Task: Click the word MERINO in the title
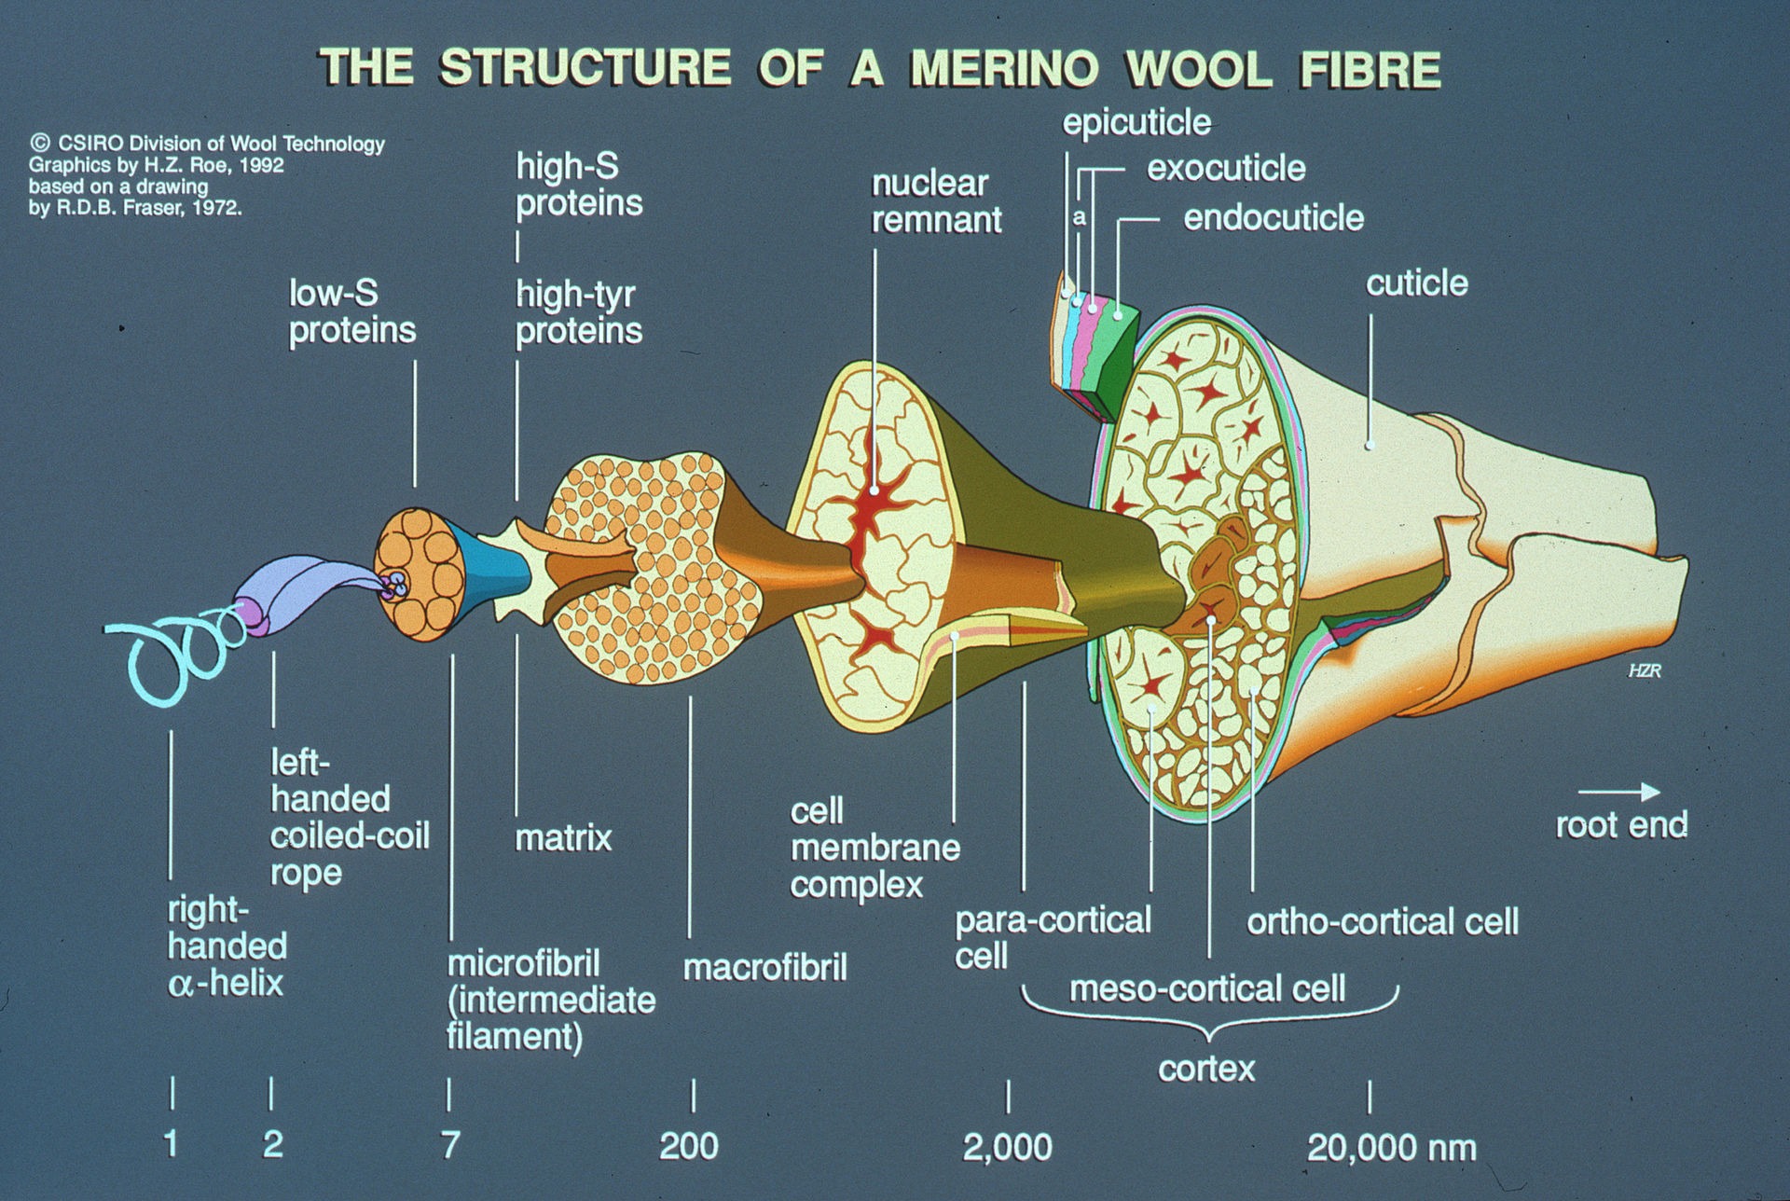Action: [x=1002, y=69]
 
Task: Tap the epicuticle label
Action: [x=1136, y=122]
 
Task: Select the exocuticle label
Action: [x=1226, y=168]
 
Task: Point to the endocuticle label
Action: [x=1274, y=217]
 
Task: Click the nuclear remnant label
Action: [x=936, y=201]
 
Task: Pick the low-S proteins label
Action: [x=351, y=311]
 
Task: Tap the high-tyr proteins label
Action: [x=579, y=312]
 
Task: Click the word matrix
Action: [x=563, y=837]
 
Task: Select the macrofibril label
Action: [x=765, y=968]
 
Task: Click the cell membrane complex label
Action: [x=874, y=848]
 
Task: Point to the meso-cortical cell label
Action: [x=1207, y=988]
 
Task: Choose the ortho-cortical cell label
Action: [x=1383, y=921]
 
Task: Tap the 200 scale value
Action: [x=689, y=1146]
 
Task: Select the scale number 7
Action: [x=450, y=1145]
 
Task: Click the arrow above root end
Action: [x=1618, y=792]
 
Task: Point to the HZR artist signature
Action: [x=1645, y=670]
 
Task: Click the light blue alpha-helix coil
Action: [x=177, y=653]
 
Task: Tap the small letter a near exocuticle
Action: [x=1080, y=218]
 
